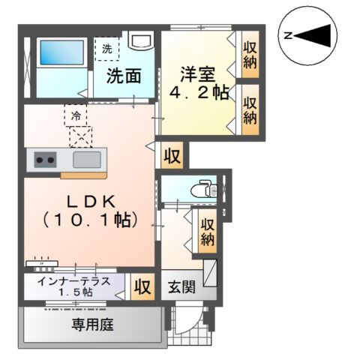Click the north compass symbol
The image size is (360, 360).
coord(309,34)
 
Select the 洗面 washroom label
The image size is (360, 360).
coord(124,76)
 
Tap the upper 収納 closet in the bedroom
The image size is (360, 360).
coord(250,54)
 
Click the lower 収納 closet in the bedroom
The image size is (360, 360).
coord(250,109)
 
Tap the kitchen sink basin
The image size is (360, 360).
coord(88,159)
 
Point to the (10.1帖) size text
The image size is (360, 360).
coord(88,220)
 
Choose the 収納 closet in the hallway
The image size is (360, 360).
coord(208,231)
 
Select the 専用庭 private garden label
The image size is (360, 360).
coord(92,325)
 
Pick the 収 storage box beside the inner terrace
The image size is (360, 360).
coord(140,286)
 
